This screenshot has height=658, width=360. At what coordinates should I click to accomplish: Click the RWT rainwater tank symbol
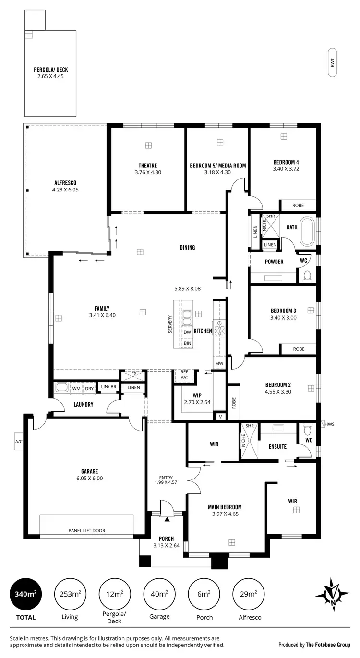coord(332,63)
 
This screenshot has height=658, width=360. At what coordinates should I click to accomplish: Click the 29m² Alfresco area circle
coord(248,594)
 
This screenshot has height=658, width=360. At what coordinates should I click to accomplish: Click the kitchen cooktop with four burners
coord(219,328)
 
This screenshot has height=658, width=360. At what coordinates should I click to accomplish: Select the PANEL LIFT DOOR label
coord(86,530)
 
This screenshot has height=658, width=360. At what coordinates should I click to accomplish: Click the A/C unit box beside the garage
coord(19,441)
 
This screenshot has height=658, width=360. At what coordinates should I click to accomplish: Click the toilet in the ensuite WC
coord(308,429)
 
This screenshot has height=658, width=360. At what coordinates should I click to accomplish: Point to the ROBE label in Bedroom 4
coord(298,205)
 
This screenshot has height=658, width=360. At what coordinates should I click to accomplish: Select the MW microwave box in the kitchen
coord(219,363)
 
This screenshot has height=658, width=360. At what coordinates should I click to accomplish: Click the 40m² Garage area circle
coord(159,594)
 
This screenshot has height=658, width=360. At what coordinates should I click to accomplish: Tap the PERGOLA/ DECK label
coord(50,69)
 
